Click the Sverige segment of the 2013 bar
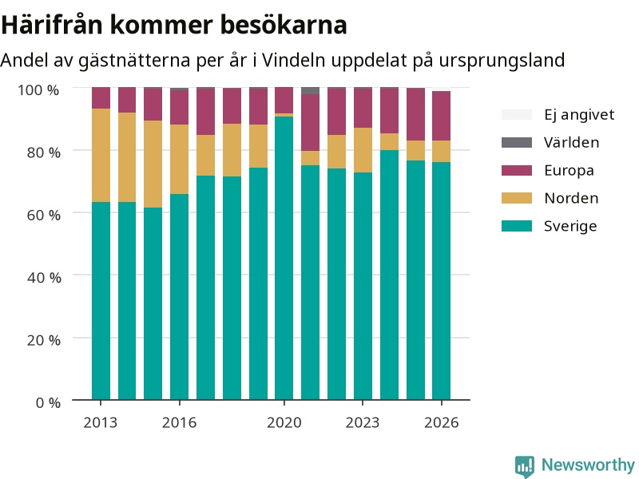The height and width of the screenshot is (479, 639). coord(101,301)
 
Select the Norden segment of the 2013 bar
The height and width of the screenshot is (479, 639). coord(101,155)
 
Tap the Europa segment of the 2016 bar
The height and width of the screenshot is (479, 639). coord(179,107)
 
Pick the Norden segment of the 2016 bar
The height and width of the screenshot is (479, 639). coord(179,159)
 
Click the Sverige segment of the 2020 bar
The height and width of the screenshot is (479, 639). coord(284,258)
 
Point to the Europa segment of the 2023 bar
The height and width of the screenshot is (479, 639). coord(363,109)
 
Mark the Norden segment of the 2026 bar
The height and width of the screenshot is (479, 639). coord(442,152)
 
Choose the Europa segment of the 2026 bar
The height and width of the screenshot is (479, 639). coord(442,116)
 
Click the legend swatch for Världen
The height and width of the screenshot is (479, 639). coord(517,142)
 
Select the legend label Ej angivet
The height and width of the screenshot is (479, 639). coord(579,114)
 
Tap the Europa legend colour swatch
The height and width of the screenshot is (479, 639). coord(517,170)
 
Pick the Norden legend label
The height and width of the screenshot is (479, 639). coord(571,198)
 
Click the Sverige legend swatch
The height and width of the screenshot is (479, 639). coord(517,226)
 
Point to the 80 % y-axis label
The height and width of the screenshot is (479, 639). coord(44,152)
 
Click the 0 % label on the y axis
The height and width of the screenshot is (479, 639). coord(48,403)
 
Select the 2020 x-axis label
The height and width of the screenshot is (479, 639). coord(284,422)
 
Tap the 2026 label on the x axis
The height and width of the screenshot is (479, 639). coord(442,422)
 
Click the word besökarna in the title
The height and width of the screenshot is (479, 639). coord(284,25)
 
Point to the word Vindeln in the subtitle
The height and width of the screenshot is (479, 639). coord(293,61)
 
